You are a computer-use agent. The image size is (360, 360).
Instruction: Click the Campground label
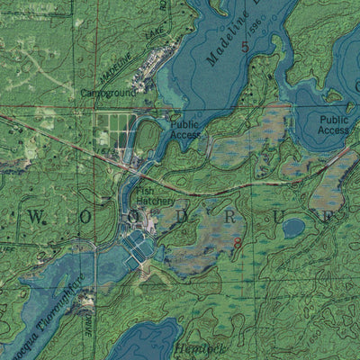coord(109,92)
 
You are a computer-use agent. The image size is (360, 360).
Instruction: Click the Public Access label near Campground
coord(185,130)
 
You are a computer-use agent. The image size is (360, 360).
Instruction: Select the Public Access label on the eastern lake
coord(334,124)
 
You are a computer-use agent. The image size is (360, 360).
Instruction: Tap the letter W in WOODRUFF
coord(38,216)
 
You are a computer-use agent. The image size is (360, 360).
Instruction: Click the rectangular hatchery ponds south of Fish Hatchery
coord(137,244)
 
